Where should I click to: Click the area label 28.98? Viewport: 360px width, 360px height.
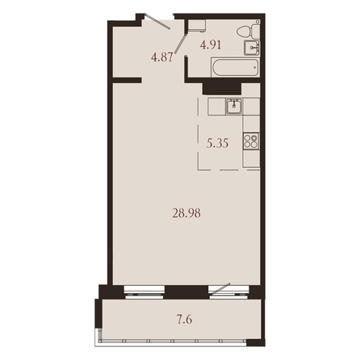186,214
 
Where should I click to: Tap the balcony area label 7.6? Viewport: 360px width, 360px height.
184,320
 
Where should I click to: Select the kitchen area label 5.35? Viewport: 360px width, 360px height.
217,144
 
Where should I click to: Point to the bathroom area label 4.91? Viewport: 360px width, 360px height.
211,44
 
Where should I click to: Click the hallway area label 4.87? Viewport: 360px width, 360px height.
161,57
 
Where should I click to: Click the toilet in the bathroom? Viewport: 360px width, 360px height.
249,31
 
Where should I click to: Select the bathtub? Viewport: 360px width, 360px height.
236,68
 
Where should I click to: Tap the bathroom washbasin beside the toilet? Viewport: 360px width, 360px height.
252,48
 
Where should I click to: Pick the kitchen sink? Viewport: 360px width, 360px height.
234,107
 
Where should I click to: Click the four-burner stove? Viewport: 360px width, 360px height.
251,141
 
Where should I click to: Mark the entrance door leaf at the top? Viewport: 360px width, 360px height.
157,21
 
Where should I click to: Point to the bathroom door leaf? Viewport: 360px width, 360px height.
180,44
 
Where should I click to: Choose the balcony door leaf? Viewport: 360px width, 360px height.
220,288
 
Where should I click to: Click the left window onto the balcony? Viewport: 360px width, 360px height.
144,292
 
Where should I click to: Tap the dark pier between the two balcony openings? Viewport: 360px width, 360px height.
186,292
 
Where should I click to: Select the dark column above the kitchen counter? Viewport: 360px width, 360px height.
222,89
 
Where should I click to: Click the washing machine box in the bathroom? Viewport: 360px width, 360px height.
196,26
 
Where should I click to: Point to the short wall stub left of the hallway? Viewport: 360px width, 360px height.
127,80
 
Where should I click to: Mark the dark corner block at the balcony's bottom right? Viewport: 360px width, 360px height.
256,342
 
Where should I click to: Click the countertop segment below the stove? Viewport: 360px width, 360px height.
251,158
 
